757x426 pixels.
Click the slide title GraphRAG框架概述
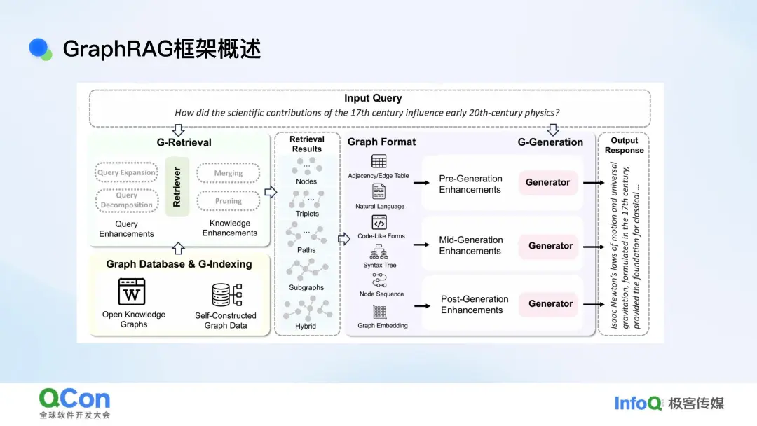(161, 49)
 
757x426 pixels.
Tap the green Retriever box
(177, 186)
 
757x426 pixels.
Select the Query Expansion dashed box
(127, 172)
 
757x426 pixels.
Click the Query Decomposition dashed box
(127, 200)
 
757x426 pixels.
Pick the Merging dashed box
(229, 173)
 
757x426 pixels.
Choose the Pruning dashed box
(229, 201)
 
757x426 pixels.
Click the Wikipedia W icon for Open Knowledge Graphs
(132, 291)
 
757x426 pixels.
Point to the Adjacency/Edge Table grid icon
(378, 162)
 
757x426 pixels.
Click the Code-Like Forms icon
(379, 223)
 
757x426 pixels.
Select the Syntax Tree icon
(379, 252)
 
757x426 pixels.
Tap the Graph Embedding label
(382, 326)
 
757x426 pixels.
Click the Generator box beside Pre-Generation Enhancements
(548, 182)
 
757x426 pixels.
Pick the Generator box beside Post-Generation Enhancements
(551, 303)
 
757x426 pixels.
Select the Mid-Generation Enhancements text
(470, 245)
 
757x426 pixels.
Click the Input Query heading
(373, 99)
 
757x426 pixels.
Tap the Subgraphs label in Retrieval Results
(306, 287)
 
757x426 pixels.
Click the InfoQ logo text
(638, 403)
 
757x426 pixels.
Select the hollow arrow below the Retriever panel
(178, 247)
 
